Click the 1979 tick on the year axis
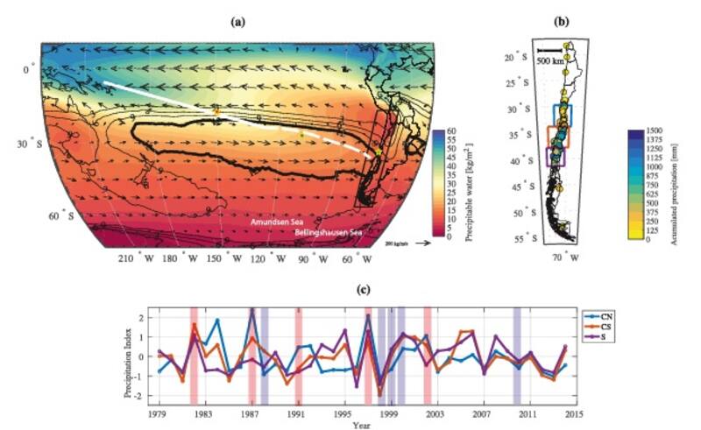[158, 412]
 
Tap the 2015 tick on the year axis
[573, 412]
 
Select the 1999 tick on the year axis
[388, 412]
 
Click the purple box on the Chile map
[556, 157]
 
